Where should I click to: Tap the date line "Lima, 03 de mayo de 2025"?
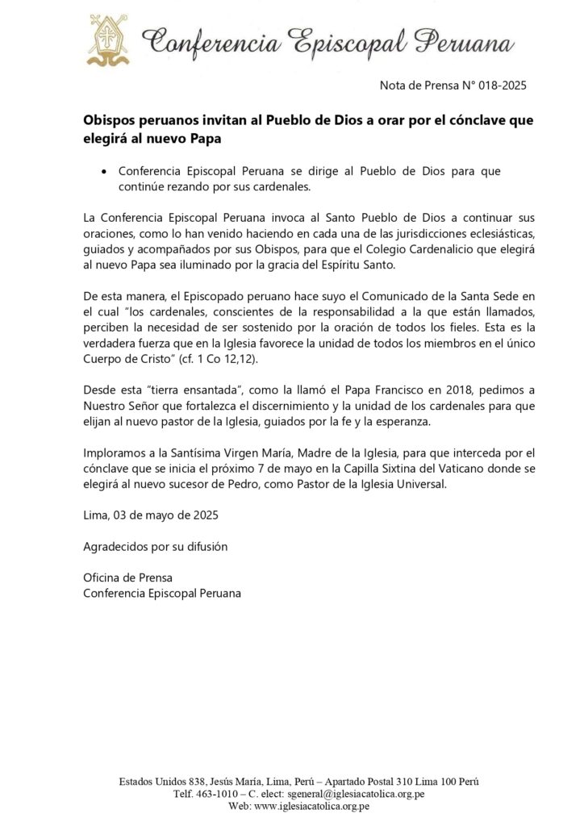pos(149,513)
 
